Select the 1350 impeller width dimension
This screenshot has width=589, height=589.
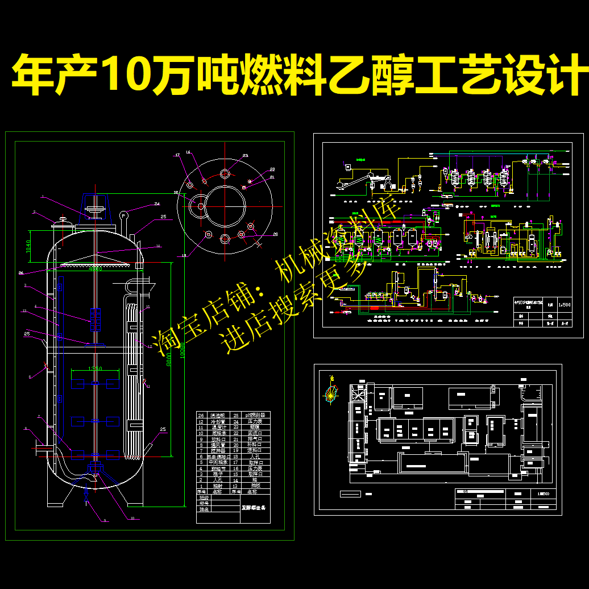pos(95,369)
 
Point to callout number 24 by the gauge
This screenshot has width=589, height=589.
pos(157,204)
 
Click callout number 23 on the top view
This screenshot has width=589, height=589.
pos(245,156)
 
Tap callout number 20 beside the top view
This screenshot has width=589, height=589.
pos(275,234)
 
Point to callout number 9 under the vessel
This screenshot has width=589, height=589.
pos(104,520)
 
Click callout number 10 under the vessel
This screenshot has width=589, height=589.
pos(132,518)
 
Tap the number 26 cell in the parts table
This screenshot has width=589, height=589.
pos(201,416)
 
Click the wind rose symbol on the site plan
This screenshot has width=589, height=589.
pos(331,393)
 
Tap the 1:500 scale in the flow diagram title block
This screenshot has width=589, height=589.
pos(565,304)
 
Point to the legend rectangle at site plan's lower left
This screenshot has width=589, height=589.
pos(351,493)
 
